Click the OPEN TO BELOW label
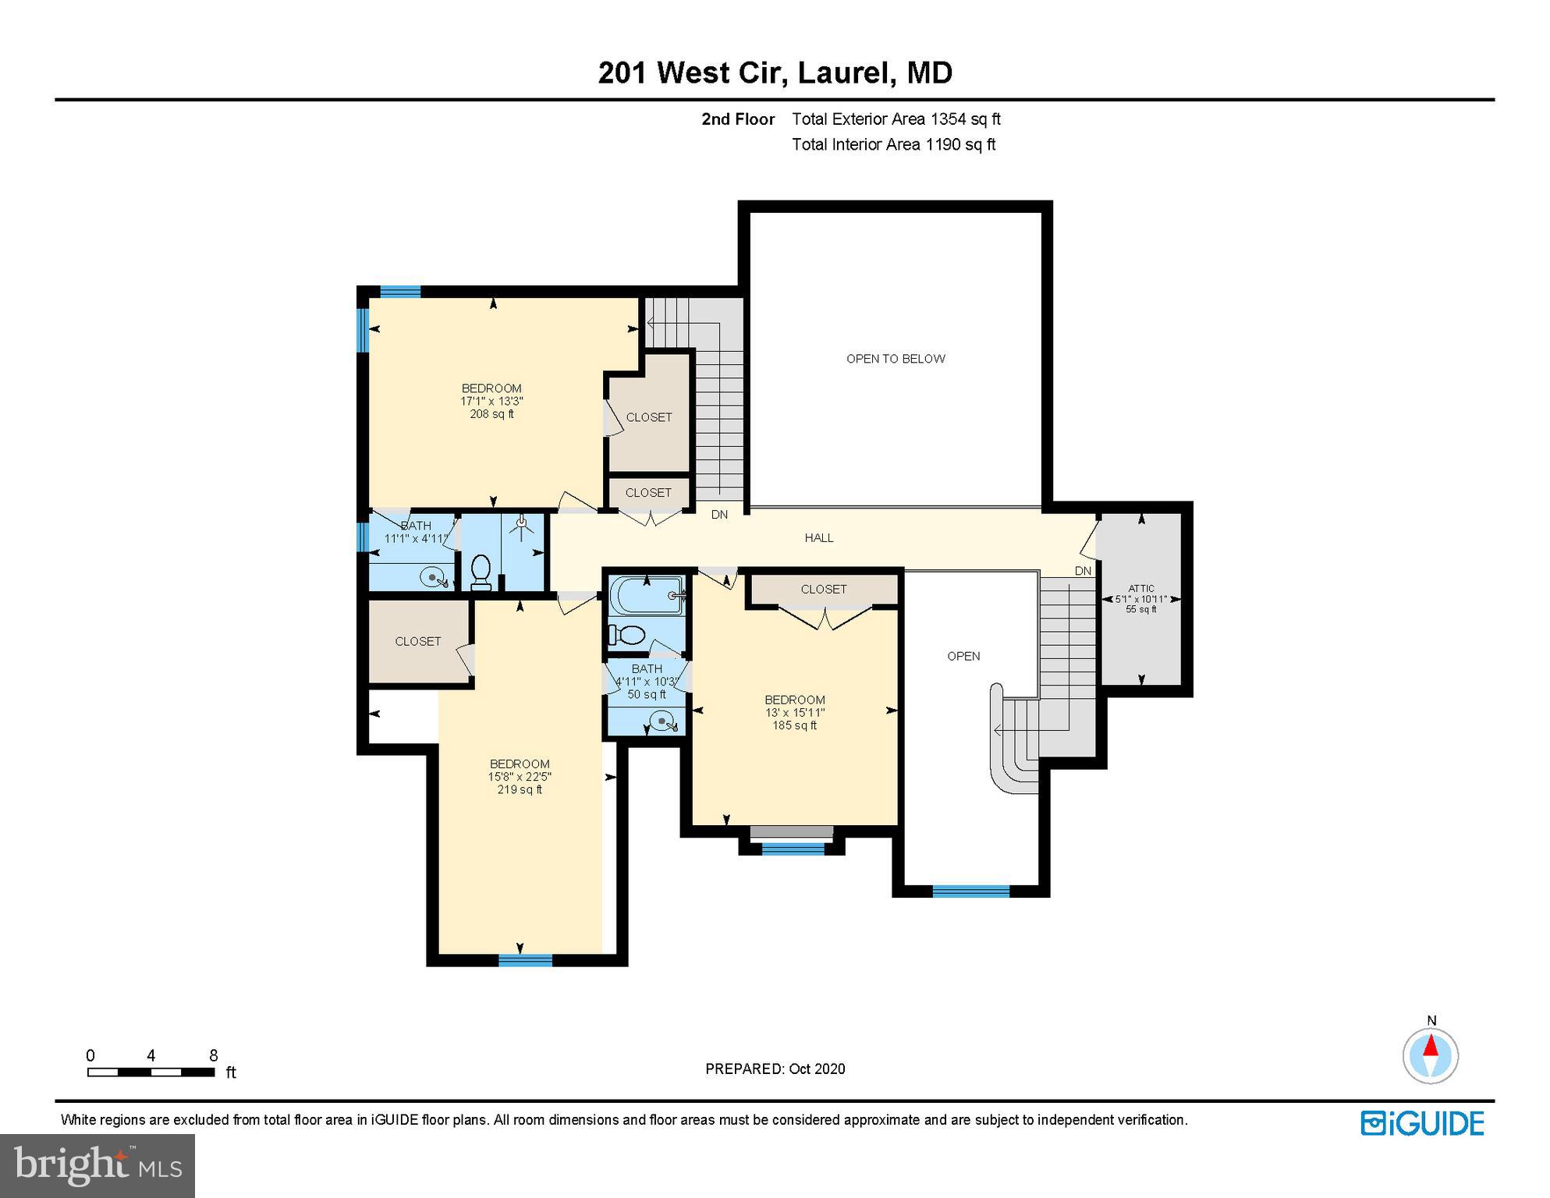pyautogui.click(x=896, y=359)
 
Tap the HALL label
pyautogui.click(x=819, y=537)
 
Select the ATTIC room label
pyautogui.click(x=1140, y=589)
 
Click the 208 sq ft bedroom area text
pyautogui.click(x=491, y=414)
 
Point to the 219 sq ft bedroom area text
pyautogui.click(x=520, y=789)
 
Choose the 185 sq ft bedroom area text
pyautogui.click(x=794, y=725)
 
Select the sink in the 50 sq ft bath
pyautogui.click(x=663, y=723)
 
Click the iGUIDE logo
pyautogui.click(x=1422, y=1124)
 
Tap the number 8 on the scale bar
pyautogui.click(x=213, y=1055)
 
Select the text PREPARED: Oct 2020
pyautogui.click(x=775, y=1069)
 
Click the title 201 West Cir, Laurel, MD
pyautogui.click(x=775, y=73)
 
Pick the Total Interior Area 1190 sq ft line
pyautogui.click(x=893, y=144)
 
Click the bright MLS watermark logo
pyautogui.click(x=98, y=1165)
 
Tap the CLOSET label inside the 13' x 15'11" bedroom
pyautogui.click(x=823, y=589)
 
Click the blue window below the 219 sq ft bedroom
pyautogui.click(x=525, y=960)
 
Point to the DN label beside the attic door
pyautogui.click(x=1083, y=571)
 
